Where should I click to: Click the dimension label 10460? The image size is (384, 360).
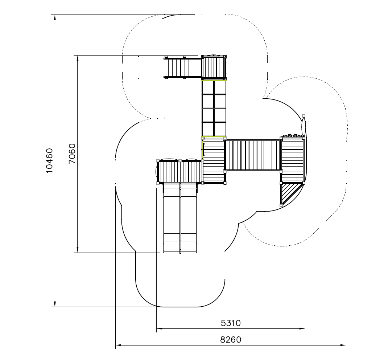49,160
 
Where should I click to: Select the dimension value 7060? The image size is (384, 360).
72,154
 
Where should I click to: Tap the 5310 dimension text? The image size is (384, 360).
231,323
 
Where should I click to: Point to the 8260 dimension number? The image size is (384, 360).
231,340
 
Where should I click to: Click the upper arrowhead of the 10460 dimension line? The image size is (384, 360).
55,18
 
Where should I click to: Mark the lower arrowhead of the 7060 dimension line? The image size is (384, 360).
78,249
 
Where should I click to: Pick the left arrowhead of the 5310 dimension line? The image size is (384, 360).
160,329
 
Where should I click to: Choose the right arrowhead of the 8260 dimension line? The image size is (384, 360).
343,345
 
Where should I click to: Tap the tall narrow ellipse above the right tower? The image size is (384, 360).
304,126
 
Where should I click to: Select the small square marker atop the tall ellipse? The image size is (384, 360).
304,116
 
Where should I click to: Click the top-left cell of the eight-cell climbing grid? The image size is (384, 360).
208,88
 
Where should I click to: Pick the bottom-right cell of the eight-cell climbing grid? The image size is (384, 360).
219,129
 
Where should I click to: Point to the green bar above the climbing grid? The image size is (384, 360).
214,80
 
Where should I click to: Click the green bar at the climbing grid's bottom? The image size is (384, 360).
214,137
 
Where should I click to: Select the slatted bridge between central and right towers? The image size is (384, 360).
253,155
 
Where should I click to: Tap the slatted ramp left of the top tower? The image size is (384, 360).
183,68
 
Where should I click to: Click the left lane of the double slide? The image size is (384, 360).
172,218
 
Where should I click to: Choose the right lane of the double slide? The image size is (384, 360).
189,218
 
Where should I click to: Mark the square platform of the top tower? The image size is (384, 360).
214,67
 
